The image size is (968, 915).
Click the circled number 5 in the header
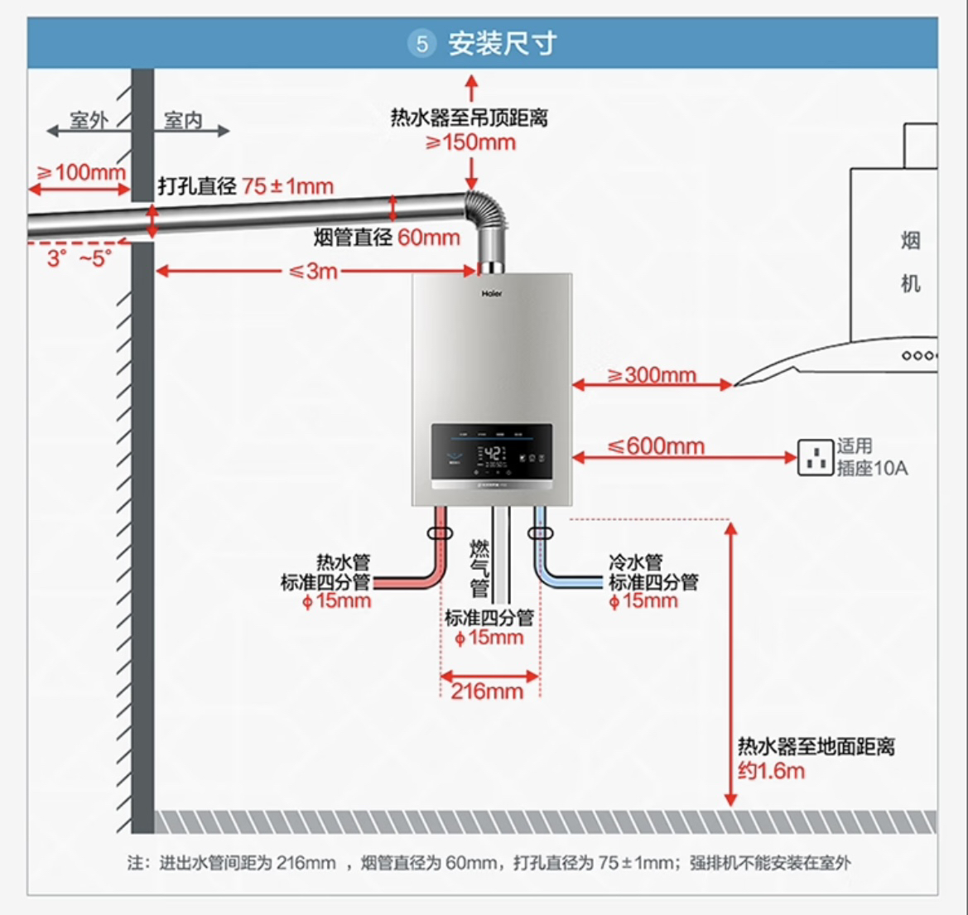[421, 43]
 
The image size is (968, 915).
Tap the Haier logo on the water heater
[492, 293]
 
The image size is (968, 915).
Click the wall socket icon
[815, 456]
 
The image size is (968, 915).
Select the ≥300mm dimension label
[652, 375]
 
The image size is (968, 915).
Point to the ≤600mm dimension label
[656, 446]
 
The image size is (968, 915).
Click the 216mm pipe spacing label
[487, 691]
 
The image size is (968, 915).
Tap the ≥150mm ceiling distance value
[470, 142]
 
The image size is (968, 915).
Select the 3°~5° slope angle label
[79, 258]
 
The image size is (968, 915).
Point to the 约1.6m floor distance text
[771, 771]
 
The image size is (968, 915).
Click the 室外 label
[89, 121]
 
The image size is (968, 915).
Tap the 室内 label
[183, 121]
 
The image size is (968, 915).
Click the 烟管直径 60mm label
[386, 238]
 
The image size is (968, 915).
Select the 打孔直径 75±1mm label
[246, 186]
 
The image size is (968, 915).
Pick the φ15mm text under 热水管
[336, 601]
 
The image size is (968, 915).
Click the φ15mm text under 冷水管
[643, 601]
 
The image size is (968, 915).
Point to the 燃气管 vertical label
[479, 568]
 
